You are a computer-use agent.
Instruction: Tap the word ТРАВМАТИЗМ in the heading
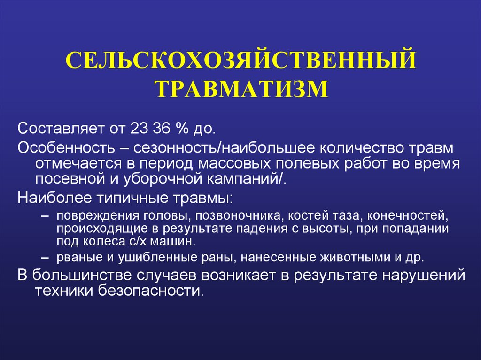[240, 88]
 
